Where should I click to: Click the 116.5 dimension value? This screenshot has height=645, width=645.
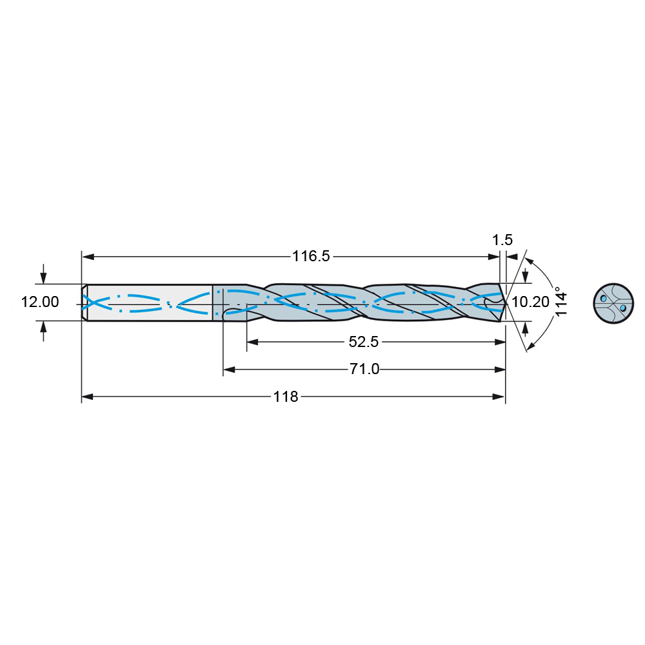pos(311,256)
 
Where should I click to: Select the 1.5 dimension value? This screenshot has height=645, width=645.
pos(502,240)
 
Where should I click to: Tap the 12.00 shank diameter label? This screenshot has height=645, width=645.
pos(40,302)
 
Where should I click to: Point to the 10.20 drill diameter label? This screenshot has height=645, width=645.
pos(531,302)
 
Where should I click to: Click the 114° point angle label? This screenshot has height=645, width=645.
pos(561,301)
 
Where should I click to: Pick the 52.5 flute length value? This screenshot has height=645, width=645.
pos(364,342)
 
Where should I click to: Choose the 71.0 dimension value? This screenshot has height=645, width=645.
pos(364,370)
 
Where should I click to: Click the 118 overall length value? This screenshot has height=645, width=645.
pos(286,397)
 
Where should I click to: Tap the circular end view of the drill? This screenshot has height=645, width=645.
pos(613,303)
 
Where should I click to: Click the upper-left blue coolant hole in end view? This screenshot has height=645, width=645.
pos(604,298)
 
